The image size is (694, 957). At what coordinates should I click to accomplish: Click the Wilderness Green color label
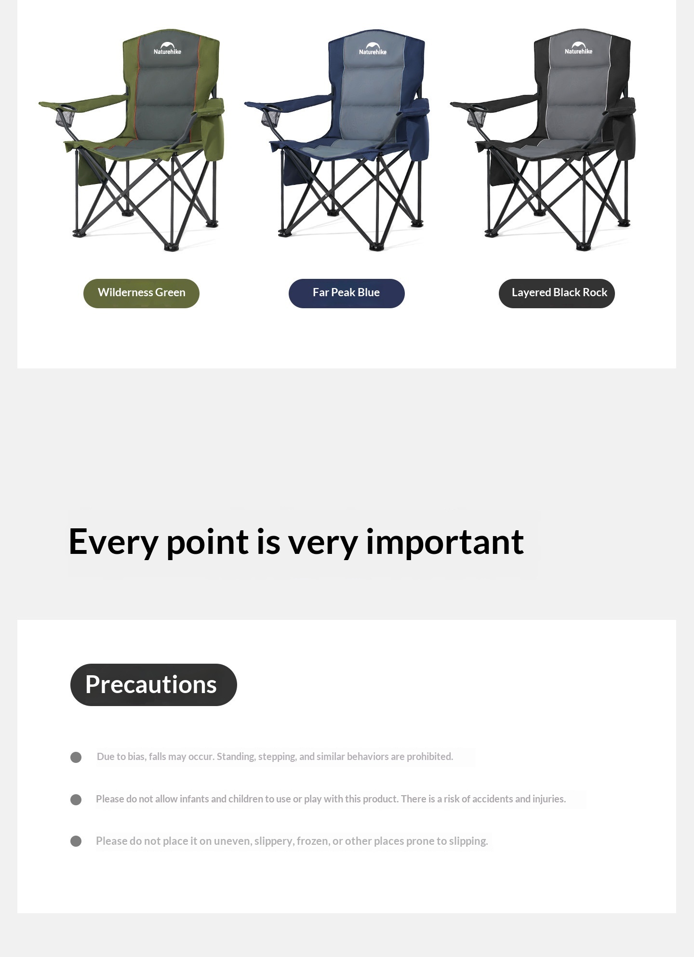click(x=141, y=293)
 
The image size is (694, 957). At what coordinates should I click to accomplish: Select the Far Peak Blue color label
click(x=347, y=293)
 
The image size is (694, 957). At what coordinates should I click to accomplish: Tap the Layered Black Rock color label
click(x=557, y=293)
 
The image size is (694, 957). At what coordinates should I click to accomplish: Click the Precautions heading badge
click(x=154, y=684)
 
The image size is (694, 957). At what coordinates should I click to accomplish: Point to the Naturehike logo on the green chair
click(x=167, y=48)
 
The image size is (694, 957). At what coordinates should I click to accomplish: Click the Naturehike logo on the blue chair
click(x=373, y=49)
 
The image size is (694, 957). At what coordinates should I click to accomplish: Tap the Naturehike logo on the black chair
click(x=578, y=48)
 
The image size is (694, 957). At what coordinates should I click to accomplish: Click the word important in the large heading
click(x=445, y=542)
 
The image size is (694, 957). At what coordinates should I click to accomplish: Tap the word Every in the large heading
click(x=113, y=542)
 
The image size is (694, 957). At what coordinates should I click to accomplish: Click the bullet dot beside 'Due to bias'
click(x=76, y=757)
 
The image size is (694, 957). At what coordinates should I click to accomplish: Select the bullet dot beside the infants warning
click(x=76, y=800)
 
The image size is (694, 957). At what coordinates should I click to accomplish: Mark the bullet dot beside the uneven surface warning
click(x=76, y=841)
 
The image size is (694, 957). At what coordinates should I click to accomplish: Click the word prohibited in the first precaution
click(x=430, y=757)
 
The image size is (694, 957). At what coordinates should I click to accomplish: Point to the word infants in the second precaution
click(x=194, y=799)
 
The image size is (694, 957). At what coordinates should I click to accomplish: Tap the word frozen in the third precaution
click(x=313, y=841)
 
